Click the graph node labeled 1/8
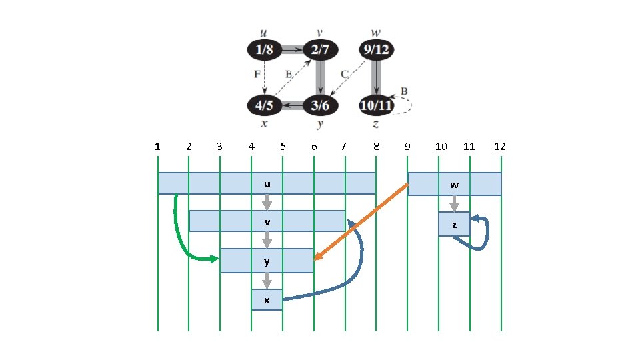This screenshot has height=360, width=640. coord(264,49)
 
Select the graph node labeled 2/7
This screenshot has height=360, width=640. coord(320,49)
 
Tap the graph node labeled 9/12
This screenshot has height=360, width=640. coord(375,49)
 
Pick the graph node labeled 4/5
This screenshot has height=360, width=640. coord(264,105)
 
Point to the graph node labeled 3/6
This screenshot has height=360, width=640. coord(320,105)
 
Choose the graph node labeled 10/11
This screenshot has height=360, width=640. coord(375,105)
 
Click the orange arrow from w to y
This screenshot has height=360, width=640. coord(360,222)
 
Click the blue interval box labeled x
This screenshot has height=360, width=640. coord(267,300)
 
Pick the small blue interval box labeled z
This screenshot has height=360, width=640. coord(454,225)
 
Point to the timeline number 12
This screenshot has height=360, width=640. coord(500,146)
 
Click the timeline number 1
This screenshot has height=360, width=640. coord(157,146)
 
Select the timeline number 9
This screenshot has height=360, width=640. coord(407,146)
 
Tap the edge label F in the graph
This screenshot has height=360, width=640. coord(257,75)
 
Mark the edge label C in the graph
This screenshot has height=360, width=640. coord(345,74)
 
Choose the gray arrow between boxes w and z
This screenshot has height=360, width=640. coord(454,203)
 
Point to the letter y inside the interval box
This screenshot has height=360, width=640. coord(267,261)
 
